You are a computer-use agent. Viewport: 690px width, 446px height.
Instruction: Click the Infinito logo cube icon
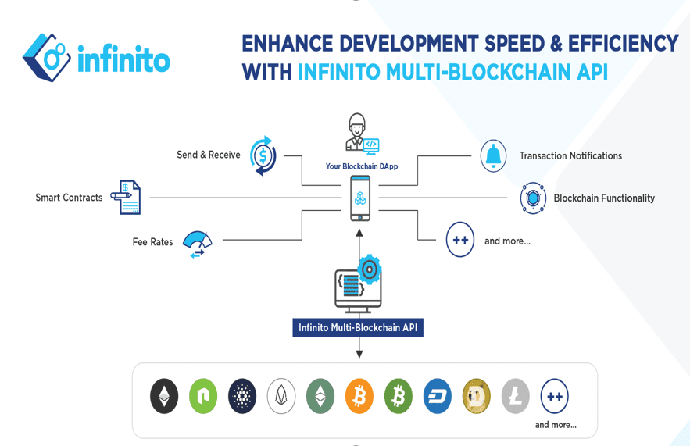pos(48,57)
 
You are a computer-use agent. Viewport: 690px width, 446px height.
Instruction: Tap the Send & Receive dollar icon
pos(263,155)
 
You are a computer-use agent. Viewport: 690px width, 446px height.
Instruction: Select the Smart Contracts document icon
pos(126,198)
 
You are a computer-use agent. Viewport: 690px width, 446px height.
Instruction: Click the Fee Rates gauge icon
pos(197,243)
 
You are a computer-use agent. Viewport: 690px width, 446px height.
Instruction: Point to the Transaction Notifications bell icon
pos(493,155)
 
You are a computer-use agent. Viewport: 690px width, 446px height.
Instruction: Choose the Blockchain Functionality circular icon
pos(533,198)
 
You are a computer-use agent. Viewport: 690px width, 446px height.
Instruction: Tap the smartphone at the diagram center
pos(360,198)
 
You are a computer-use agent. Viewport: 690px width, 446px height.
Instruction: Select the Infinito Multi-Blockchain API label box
pos(358,327)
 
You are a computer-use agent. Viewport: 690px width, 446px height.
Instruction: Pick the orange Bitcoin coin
pos(359,397)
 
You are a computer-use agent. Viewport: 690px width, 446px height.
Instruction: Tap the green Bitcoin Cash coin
pos(399,397)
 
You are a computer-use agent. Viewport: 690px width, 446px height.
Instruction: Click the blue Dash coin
pos(438,397)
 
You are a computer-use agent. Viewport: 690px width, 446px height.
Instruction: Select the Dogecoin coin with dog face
pos(477,397)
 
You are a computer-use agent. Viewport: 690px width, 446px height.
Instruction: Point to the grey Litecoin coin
pos(516,397)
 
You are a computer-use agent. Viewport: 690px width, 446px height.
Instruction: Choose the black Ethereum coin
pos(164,397)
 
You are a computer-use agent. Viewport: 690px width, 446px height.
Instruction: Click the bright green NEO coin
pos(203,397)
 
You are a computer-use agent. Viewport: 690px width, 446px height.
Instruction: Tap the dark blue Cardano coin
pos(242,397)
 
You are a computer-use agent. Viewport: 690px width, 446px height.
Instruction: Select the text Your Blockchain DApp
pos(363,166)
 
